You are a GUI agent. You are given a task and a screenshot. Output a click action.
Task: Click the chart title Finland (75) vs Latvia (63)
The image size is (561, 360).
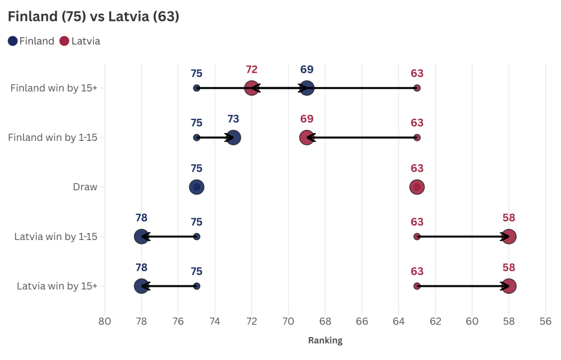[x=93, y=16]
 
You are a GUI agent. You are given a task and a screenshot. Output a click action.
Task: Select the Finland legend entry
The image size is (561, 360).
[x=31, y=41]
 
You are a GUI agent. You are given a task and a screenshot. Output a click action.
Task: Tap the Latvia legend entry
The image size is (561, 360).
[x=80, y=41]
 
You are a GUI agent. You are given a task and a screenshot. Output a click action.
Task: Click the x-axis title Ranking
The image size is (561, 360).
[x=325, y=340]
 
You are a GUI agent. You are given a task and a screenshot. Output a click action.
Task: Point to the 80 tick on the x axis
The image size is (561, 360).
[x=105, y=321]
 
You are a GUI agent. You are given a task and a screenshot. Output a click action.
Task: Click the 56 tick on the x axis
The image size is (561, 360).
[x=545, y=321]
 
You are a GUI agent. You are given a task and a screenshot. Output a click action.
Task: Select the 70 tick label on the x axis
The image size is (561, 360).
[x=288, y=321]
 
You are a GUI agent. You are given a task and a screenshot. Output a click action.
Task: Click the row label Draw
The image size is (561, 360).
[x=85, y=187]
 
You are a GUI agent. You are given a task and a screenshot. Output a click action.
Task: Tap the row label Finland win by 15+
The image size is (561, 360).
[x=54, y=88]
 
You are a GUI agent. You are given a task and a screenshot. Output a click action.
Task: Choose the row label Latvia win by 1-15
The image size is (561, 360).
[x=55, y=237]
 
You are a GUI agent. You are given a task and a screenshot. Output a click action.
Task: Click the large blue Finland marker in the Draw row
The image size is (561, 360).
[x=196, y=187]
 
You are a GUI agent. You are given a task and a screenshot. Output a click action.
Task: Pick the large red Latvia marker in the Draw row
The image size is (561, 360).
[x=417, y=187]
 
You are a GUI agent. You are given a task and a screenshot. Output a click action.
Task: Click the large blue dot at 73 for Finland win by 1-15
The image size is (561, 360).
[x=233, y=138]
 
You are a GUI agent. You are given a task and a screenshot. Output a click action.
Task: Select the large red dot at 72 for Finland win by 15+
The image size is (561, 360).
[x=252, y=88]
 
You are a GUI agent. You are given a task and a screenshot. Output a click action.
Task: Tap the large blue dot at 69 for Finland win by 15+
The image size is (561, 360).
[x=307, y=88]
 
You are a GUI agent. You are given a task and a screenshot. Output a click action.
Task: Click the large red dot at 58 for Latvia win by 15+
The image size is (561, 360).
[x=509, y=286]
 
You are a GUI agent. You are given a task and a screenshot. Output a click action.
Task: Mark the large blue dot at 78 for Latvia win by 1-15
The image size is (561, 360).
[x=141, y=237]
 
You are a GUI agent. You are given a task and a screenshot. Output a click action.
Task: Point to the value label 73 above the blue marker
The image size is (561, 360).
[x=233, y=119]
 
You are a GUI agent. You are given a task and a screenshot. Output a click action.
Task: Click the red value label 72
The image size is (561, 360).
[x=252, y=70]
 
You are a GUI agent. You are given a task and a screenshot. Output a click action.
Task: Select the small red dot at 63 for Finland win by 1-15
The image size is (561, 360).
[x=417, y=138]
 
